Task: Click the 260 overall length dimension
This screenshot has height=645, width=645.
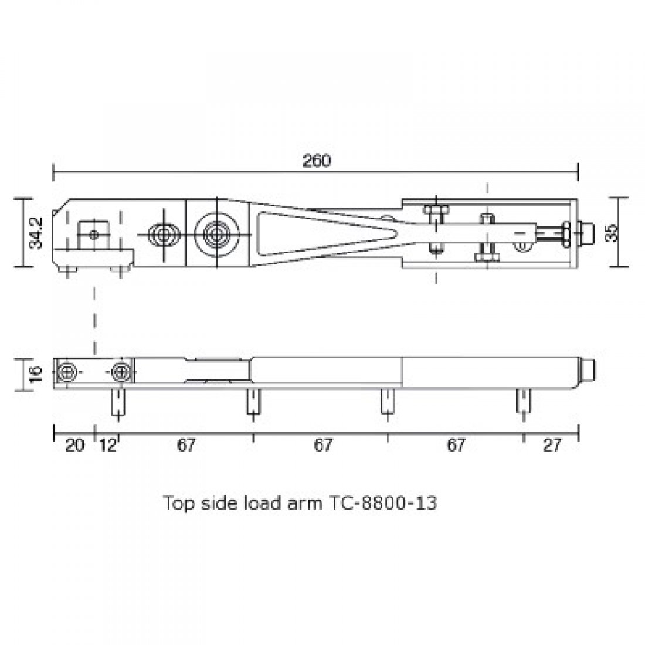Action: (x=317, y=161)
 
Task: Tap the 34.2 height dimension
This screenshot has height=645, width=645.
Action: (x=37, y=233)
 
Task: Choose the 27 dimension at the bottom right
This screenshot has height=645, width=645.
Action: (x=552, y=446)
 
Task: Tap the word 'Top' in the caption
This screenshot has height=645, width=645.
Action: (x=175, y=503)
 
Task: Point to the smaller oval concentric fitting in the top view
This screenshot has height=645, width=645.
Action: (x=163, y=235)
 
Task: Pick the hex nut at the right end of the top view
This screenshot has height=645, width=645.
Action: (x=567, y=233)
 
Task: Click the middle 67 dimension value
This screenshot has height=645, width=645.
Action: (x=322, y=446)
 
